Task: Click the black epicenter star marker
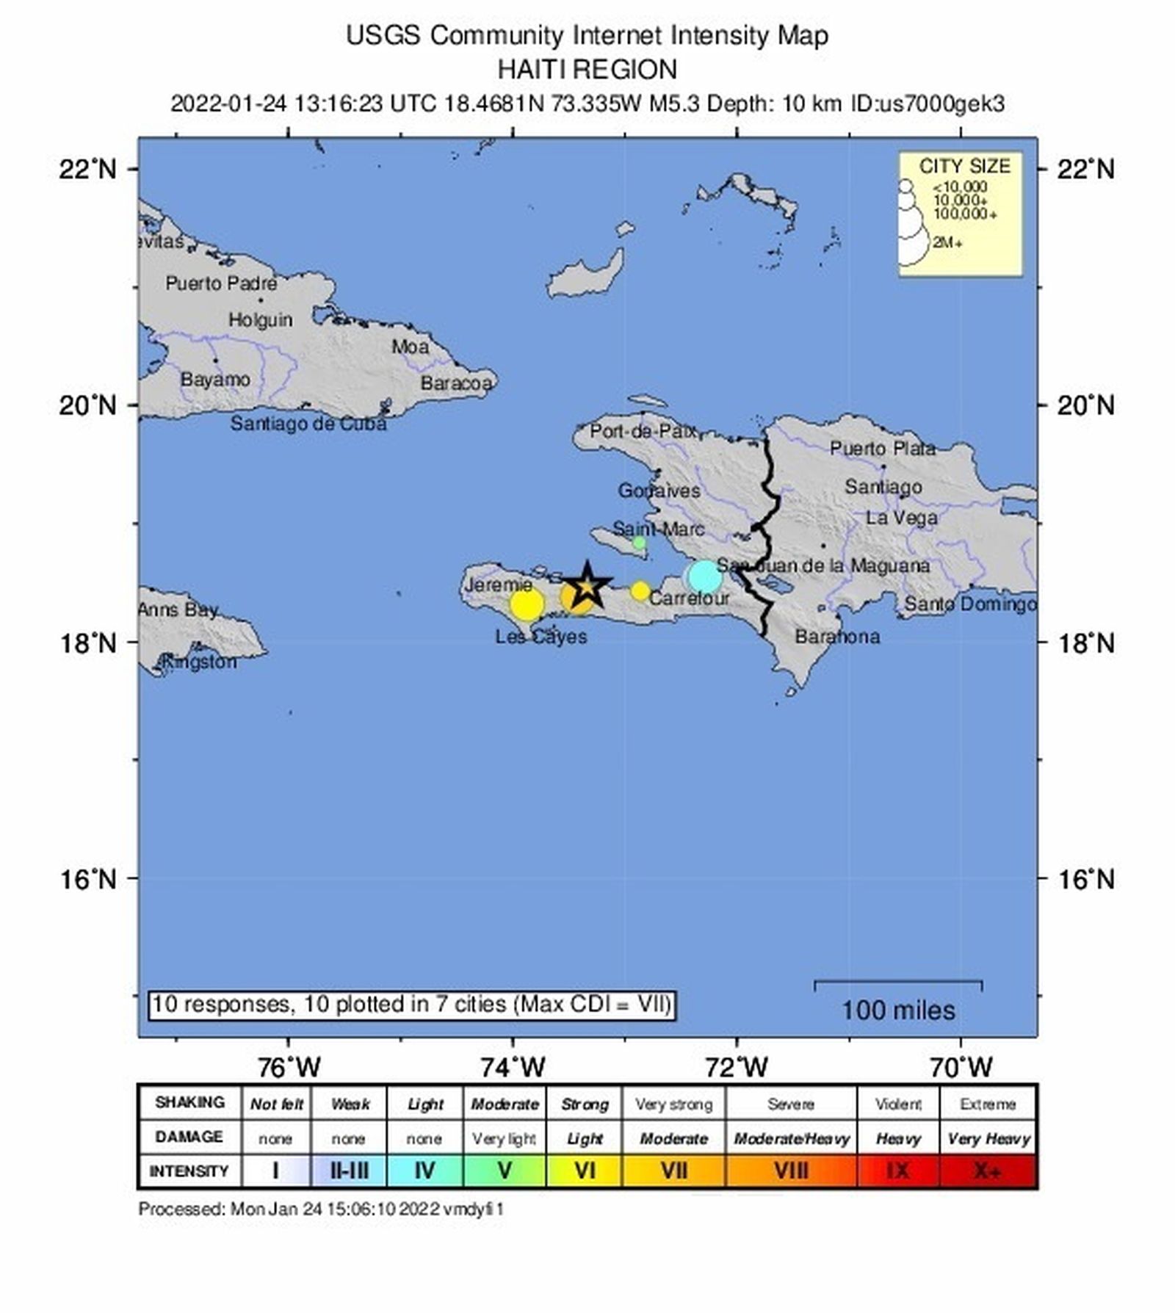[x=587, y=585]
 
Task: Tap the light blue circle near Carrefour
[x=705, y=576]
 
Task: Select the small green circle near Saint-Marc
[x=639, y=543]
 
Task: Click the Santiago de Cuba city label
[x=308, y=424]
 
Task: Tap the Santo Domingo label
[x=970, y=604]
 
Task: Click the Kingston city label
[x=200, y=662]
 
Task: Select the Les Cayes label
[x=541, y=637]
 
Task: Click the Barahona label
[x=837, y=637]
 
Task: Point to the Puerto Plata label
[x=883, y=449]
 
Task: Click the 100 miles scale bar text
[x=898, y=1010]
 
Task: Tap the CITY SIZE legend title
[x=964, y=166]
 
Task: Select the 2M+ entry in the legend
[x=947, y=242]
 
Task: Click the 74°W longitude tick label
[x=513, y=1066]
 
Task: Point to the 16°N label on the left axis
[x=88, y=878]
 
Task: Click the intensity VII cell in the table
[x=673, y=1170]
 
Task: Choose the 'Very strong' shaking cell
[x=673, y=1104]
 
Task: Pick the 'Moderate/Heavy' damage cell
[x=791, y=1139]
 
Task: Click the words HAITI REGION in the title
[x=587, y=70]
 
